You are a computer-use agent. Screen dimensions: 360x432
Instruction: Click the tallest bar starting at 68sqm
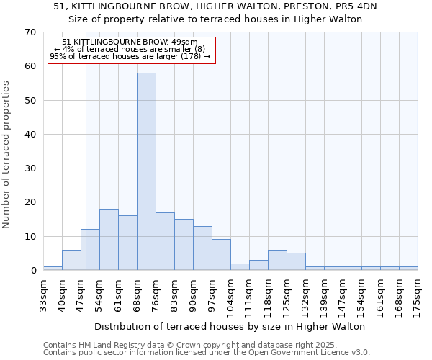click(146, 171)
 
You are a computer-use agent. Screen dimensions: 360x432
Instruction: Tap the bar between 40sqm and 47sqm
click(71, 260)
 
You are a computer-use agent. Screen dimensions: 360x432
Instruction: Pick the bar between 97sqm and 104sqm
click(221, 255)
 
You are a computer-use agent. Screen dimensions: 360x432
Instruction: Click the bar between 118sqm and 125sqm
click(277, 260)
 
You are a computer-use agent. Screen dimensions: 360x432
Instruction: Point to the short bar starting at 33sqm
click(53, 269)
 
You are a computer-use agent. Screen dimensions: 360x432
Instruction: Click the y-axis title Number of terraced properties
click(7, 154)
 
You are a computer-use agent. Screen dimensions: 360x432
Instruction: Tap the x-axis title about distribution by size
click(230, 326)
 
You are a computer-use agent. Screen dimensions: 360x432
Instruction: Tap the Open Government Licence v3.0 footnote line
click(207, 353)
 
